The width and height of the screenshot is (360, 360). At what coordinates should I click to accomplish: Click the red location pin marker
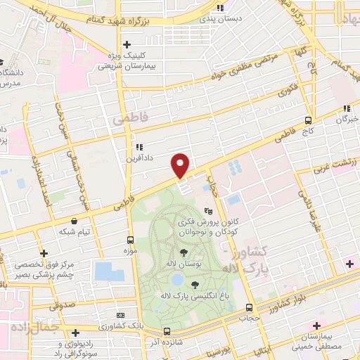coord(181,165)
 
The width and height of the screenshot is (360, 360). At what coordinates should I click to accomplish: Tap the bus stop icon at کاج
coord(308,120)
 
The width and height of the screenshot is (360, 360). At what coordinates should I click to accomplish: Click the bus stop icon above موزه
coord(130,239)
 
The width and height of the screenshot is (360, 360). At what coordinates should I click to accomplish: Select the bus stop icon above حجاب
coord(250,307)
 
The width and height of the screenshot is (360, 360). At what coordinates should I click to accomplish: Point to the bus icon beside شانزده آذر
coord(167,331)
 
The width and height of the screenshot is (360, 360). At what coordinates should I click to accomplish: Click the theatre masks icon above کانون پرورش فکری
coord(208,210)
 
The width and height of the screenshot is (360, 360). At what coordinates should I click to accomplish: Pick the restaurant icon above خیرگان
coord(346,108)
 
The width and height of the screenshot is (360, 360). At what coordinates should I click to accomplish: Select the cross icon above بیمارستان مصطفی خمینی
coord(317,326)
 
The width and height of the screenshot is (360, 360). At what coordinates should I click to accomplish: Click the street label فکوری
coord(288,91)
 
